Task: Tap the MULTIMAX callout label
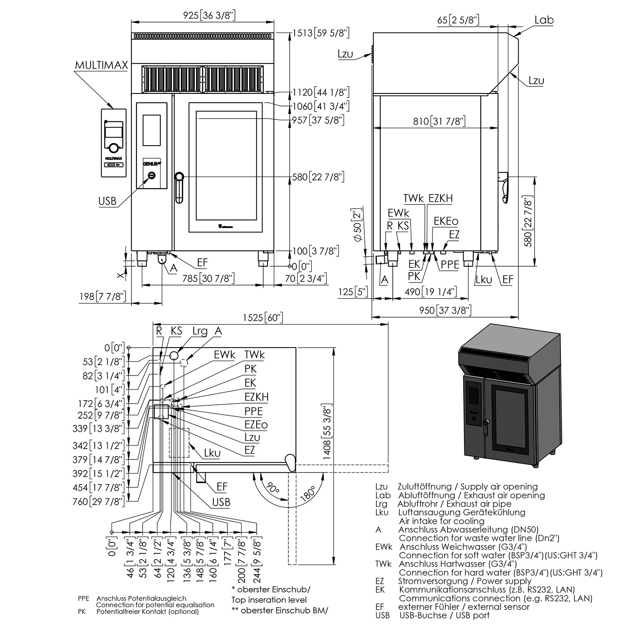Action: click(x=101, y=66)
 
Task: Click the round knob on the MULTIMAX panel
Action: click(x=113, y=147)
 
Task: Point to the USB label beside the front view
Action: click(x=107, y=201)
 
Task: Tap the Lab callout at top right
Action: click(x=544, y=20)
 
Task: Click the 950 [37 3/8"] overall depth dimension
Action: click(x=445, y=310)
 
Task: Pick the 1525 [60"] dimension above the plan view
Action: click(x=263, y=318)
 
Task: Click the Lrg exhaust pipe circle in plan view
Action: click(x=174, y=355)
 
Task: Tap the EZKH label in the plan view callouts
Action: click(x=256, y=396)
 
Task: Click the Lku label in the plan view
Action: click(x=212, y=453)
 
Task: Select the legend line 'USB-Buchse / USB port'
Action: click(x=444, y=615)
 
